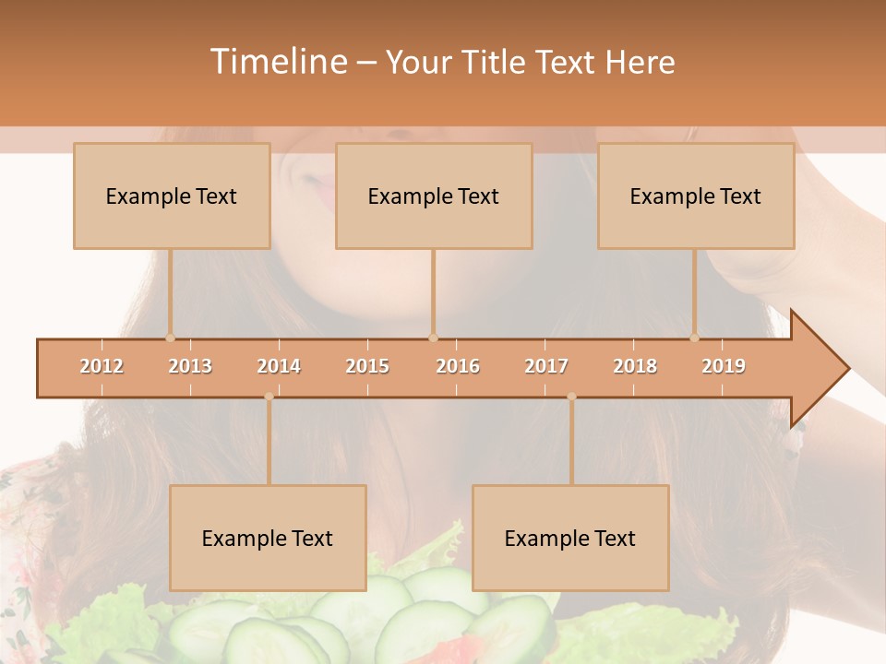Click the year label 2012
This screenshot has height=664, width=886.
point(102,366)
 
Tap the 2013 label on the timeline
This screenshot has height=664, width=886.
point(190,366)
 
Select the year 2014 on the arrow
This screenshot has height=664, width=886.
point(279,366)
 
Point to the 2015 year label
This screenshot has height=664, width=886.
point(367,366)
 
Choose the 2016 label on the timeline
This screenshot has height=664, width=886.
point(458,366)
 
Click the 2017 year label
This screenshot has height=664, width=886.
point(546,366)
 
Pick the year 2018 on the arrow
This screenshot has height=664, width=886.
point(635,366)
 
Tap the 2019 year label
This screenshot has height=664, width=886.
point(724,366)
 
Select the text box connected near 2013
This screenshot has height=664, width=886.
point(172,196)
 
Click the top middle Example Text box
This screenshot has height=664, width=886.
point(434,196)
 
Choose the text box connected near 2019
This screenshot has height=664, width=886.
point(696,196)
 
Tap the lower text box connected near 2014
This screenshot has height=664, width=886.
point(268,538)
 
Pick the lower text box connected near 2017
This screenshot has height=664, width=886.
point(570,538)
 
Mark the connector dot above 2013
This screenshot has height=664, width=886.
point(170,338)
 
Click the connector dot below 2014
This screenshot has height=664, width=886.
point(269,397)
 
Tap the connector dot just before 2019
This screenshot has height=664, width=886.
point(694,338)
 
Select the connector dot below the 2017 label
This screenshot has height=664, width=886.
point(571,397)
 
